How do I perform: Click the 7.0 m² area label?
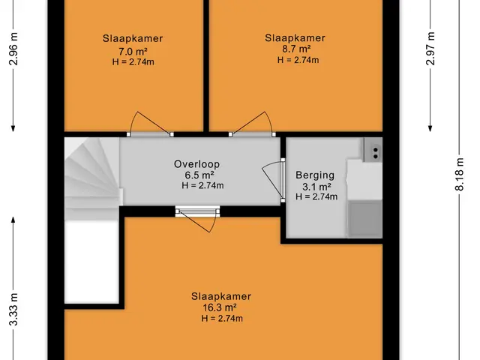click(133, 51)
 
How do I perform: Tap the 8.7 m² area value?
click(296, 49)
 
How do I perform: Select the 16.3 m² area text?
click(220, 307)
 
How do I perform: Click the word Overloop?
click(196, 164)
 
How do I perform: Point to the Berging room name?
click(315, 175)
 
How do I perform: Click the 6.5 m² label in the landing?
click(199, 175)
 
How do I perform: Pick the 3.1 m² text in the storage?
click(316, 187)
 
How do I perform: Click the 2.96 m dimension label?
click(13, 49)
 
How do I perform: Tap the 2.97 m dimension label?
click(430, 48)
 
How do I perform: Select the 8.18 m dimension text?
click(459, 174)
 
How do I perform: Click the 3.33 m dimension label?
click(13, 309)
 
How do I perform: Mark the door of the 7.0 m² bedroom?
click(150, 124)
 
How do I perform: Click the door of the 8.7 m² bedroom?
click(252, 124)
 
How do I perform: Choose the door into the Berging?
click(274, 180)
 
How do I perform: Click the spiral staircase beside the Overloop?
click(91, 178)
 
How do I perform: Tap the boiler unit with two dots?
click(373, 149)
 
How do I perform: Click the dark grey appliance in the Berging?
click(365, 218)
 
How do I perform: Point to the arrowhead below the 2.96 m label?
click(13, 128)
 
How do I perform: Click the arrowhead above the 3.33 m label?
click(13, 220)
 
